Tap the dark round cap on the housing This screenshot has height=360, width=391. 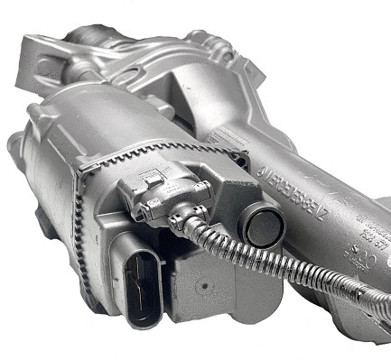(262, 227)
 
